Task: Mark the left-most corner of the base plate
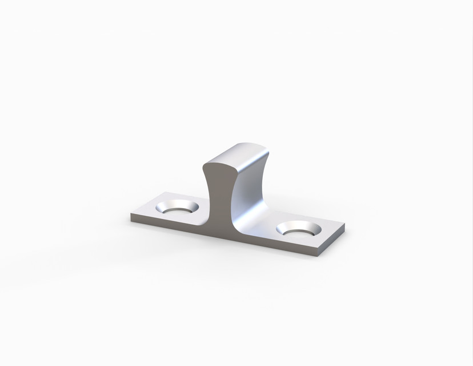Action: click(x=131, y=216)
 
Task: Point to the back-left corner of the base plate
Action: click(x=165, y=192)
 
